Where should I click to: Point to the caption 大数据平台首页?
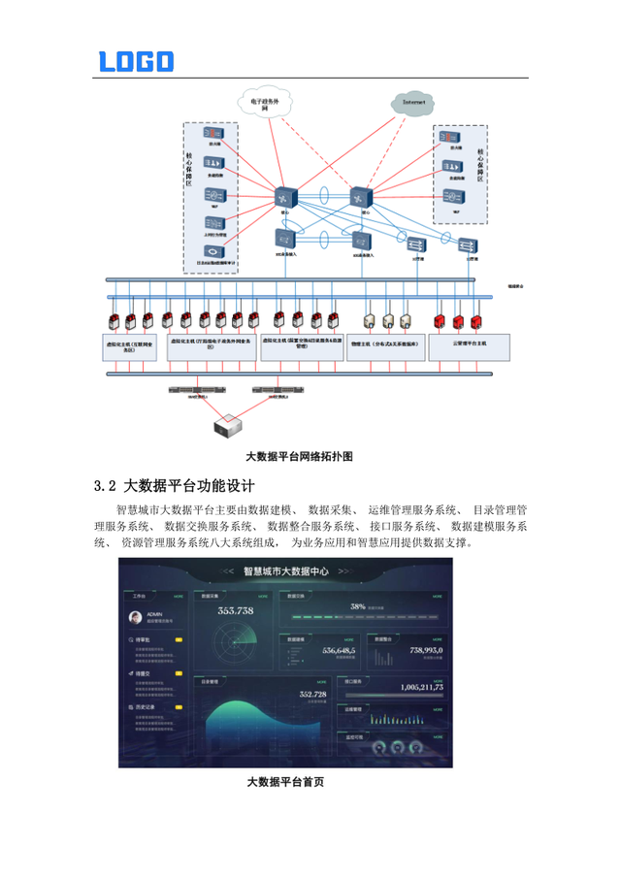pyautogui.click(x=285, y=781)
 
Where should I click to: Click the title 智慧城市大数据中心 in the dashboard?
pyautogui.click(x=285, y=573)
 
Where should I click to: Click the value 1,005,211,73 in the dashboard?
pyautogui.click(x=415, y=686)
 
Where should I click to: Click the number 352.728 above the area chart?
pyautogui.click(x=311, y=694)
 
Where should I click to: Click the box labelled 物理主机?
pyautogui.click(x=387, y=344)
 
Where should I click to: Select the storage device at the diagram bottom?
pyautogui.click(x=228, y=423)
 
